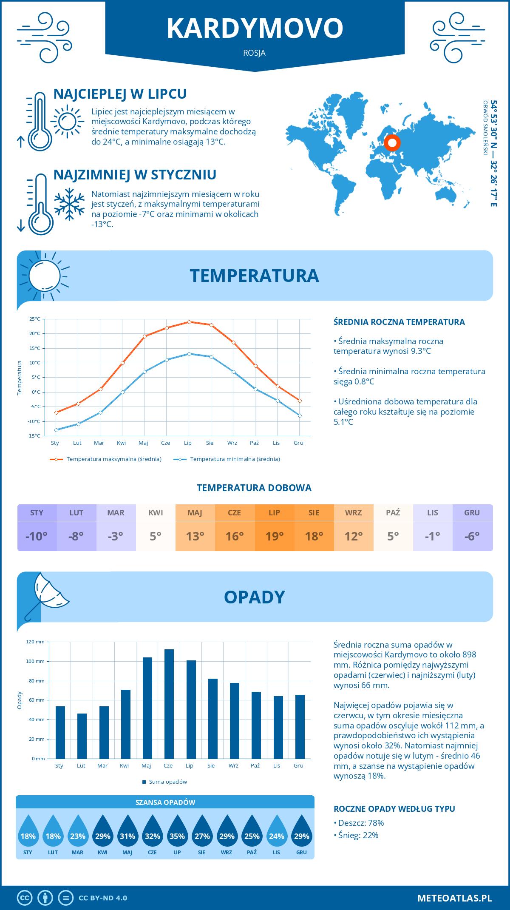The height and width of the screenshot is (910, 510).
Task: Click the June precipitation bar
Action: [x=169, y=704]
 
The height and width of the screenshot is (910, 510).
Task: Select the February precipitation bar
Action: [x=82, y=736]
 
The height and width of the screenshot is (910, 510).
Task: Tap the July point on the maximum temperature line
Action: [x=189, y=322]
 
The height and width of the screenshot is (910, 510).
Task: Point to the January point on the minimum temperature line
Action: [x=56, y=430]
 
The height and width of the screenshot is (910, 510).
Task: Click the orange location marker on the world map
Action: [x=392, y=143]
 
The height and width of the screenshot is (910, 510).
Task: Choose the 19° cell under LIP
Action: [x=274, y=536]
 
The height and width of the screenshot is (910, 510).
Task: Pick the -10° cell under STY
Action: [x=37, y=536]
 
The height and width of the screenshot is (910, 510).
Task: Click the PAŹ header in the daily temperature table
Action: [x=393, y=512]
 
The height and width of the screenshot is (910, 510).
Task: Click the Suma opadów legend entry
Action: [x=168, y=782]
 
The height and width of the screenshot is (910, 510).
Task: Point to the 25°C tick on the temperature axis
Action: [x=35, y=319]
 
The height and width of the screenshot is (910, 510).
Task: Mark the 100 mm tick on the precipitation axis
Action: [x=35, y=661]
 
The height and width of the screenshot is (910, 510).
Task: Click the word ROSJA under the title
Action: [x=255, y=53]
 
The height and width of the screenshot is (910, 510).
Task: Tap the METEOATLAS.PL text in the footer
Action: [x=455, y=898]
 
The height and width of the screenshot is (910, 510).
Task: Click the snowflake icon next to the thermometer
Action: [x=69, y=204]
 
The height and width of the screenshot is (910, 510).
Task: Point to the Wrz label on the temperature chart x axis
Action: [x=232, y=443]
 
